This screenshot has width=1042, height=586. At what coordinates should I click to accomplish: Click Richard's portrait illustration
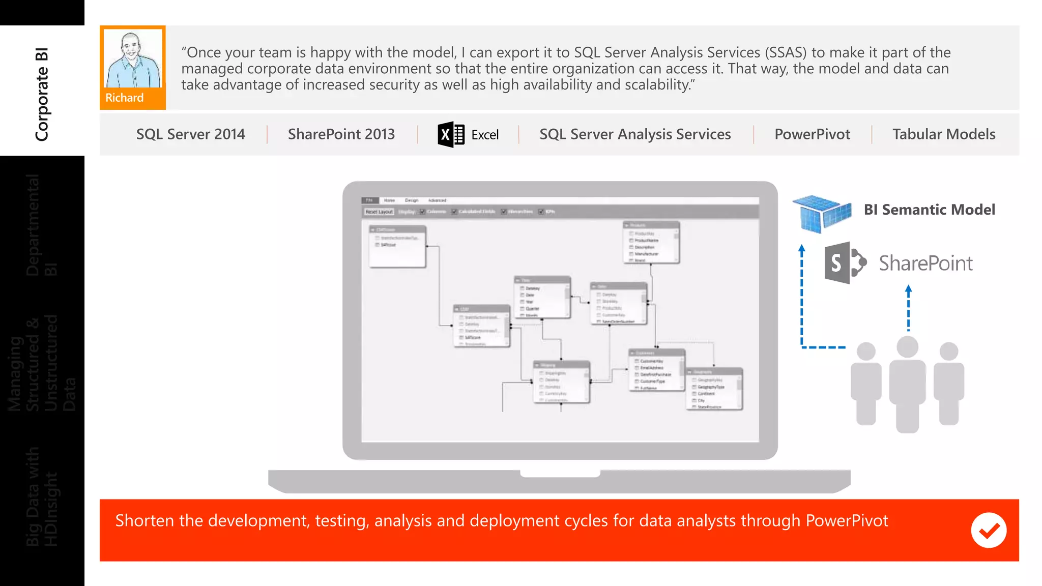click(133, 58)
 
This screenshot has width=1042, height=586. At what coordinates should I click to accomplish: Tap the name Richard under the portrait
click(125, 98)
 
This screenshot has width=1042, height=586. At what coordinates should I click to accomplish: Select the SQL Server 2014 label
click(190, 134)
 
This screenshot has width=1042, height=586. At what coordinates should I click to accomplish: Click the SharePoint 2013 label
click(341, 134)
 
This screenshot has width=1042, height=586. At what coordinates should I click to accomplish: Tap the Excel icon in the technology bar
click(451, 135)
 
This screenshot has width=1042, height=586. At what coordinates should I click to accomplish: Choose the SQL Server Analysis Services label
click(635, 134)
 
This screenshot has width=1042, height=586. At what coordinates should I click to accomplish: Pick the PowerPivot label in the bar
click(812, 134)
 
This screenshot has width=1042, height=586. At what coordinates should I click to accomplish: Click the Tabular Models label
click(944, 134)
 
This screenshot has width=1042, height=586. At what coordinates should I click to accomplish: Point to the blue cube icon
click(822, 213)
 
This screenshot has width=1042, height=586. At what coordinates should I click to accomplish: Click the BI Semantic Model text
click(929, 210)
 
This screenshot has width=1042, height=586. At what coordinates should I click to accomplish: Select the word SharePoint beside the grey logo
click(925, 263)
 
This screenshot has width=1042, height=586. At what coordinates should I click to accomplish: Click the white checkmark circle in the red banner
click(988, 530)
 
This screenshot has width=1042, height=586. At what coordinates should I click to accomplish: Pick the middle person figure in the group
click(907, 384)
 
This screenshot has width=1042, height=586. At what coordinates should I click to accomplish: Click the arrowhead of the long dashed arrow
click(802, 249)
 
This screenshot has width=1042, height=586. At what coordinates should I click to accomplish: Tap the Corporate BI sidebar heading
click(42, 94)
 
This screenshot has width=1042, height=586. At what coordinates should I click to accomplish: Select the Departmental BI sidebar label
click(42, 225)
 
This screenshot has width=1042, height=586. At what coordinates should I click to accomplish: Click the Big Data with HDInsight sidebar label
click(42, 496)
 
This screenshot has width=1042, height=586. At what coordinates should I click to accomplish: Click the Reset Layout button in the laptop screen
click(379, 212)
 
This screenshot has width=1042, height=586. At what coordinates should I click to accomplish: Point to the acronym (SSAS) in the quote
click(786, 52)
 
